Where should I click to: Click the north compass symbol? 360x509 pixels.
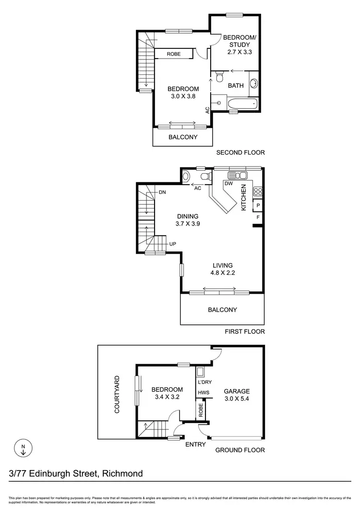24,449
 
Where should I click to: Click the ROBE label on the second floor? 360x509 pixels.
174,54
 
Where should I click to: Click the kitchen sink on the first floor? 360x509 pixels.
237,175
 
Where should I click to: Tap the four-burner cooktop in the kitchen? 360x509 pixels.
258,191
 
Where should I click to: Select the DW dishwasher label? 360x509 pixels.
229,184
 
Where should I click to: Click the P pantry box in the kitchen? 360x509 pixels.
258,206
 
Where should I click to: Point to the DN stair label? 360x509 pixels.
162,192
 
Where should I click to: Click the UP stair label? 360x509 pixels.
172,244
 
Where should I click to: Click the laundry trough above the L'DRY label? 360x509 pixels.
201,371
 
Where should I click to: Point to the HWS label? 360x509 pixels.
204,392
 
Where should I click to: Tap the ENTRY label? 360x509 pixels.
195,444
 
